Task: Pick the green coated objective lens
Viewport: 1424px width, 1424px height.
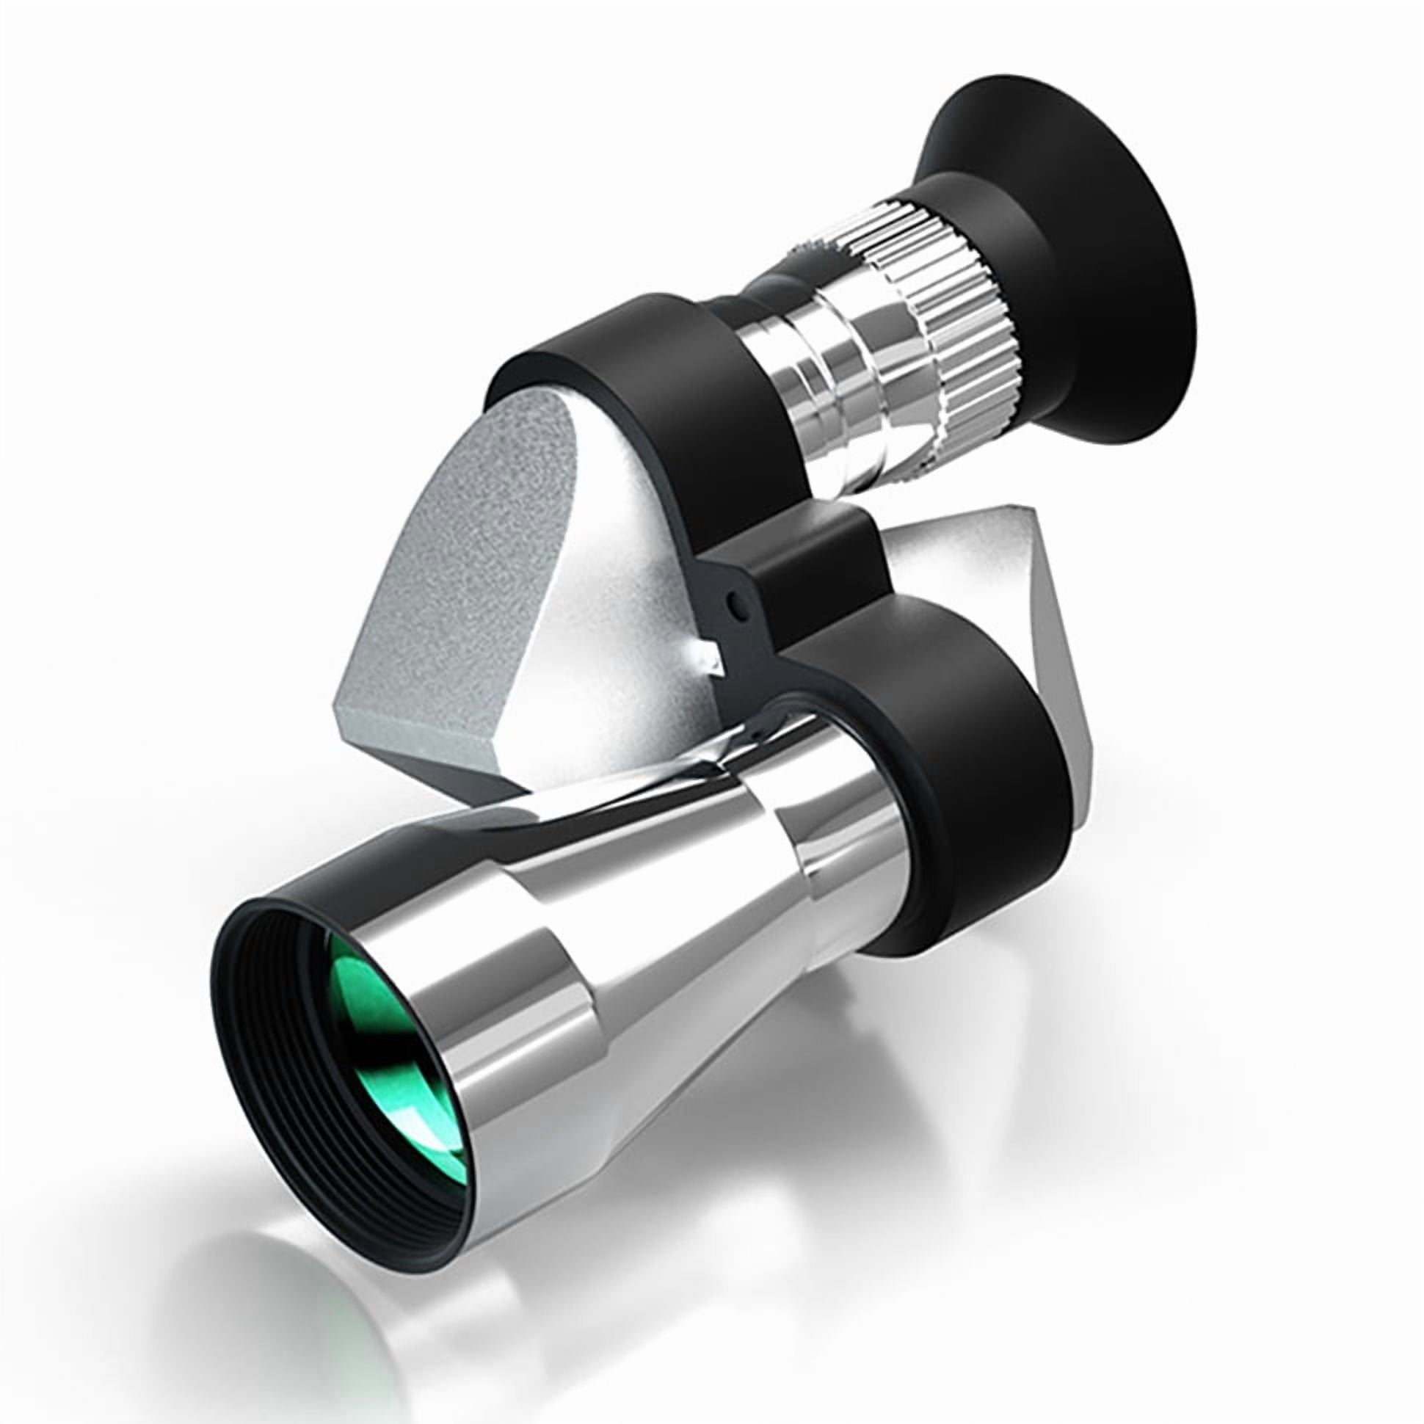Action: [383, 1061]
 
